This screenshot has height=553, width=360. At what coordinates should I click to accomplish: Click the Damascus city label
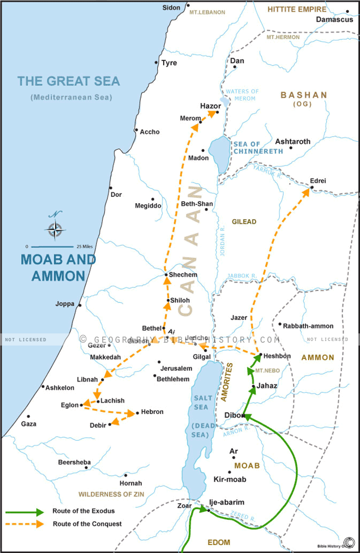pyautogui.click(x=334, y=20)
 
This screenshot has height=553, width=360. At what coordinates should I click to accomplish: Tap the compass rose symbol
pyautogui.click(x=56, y=230)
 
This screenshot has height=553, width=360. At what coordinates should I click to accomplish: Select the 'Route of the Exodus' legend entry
pyautogui.click(x=83, y=511)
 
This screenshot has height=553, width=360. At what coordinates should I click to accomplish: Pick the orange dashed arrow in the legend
pyautogui.click(x=25, y=524)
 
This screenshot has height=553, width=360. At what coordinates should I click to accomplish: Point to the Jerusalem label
pyautogui.click(x=176, y=368)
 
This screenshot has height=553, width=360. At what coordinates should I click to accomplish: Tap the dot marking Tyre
pyautogui.click(x=156, y=63)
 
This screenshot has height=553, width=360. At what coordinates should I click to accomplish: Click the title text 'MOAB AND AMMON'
pyautogui.click(x=58, y=268)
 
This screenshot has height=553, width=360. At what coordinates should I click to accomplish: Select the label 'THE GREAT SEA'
pyautogui.click(x=69, y=81)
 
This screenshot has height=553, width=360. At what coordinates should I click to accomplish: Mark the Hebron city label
pyautogui.click(x=152, y=412)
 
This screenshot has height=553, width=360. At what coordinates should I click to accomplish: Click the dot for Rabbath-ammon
pyautogui.click(x=280, y=324)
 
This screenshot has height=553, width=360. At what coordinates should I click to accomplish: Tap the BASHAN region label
pyautogui.click(x=304, y=95)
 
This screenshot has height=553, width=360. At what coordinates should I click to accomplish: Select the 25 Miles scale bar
pyautogui.click(x=52, y=247)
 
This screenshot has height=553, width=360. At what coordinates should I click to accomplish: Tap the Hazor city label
pyautogui.click(x=210, y=106)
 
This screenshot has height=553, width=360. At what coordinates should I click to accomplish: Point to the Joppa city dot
pyautogui.click(x=80, y=305)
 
